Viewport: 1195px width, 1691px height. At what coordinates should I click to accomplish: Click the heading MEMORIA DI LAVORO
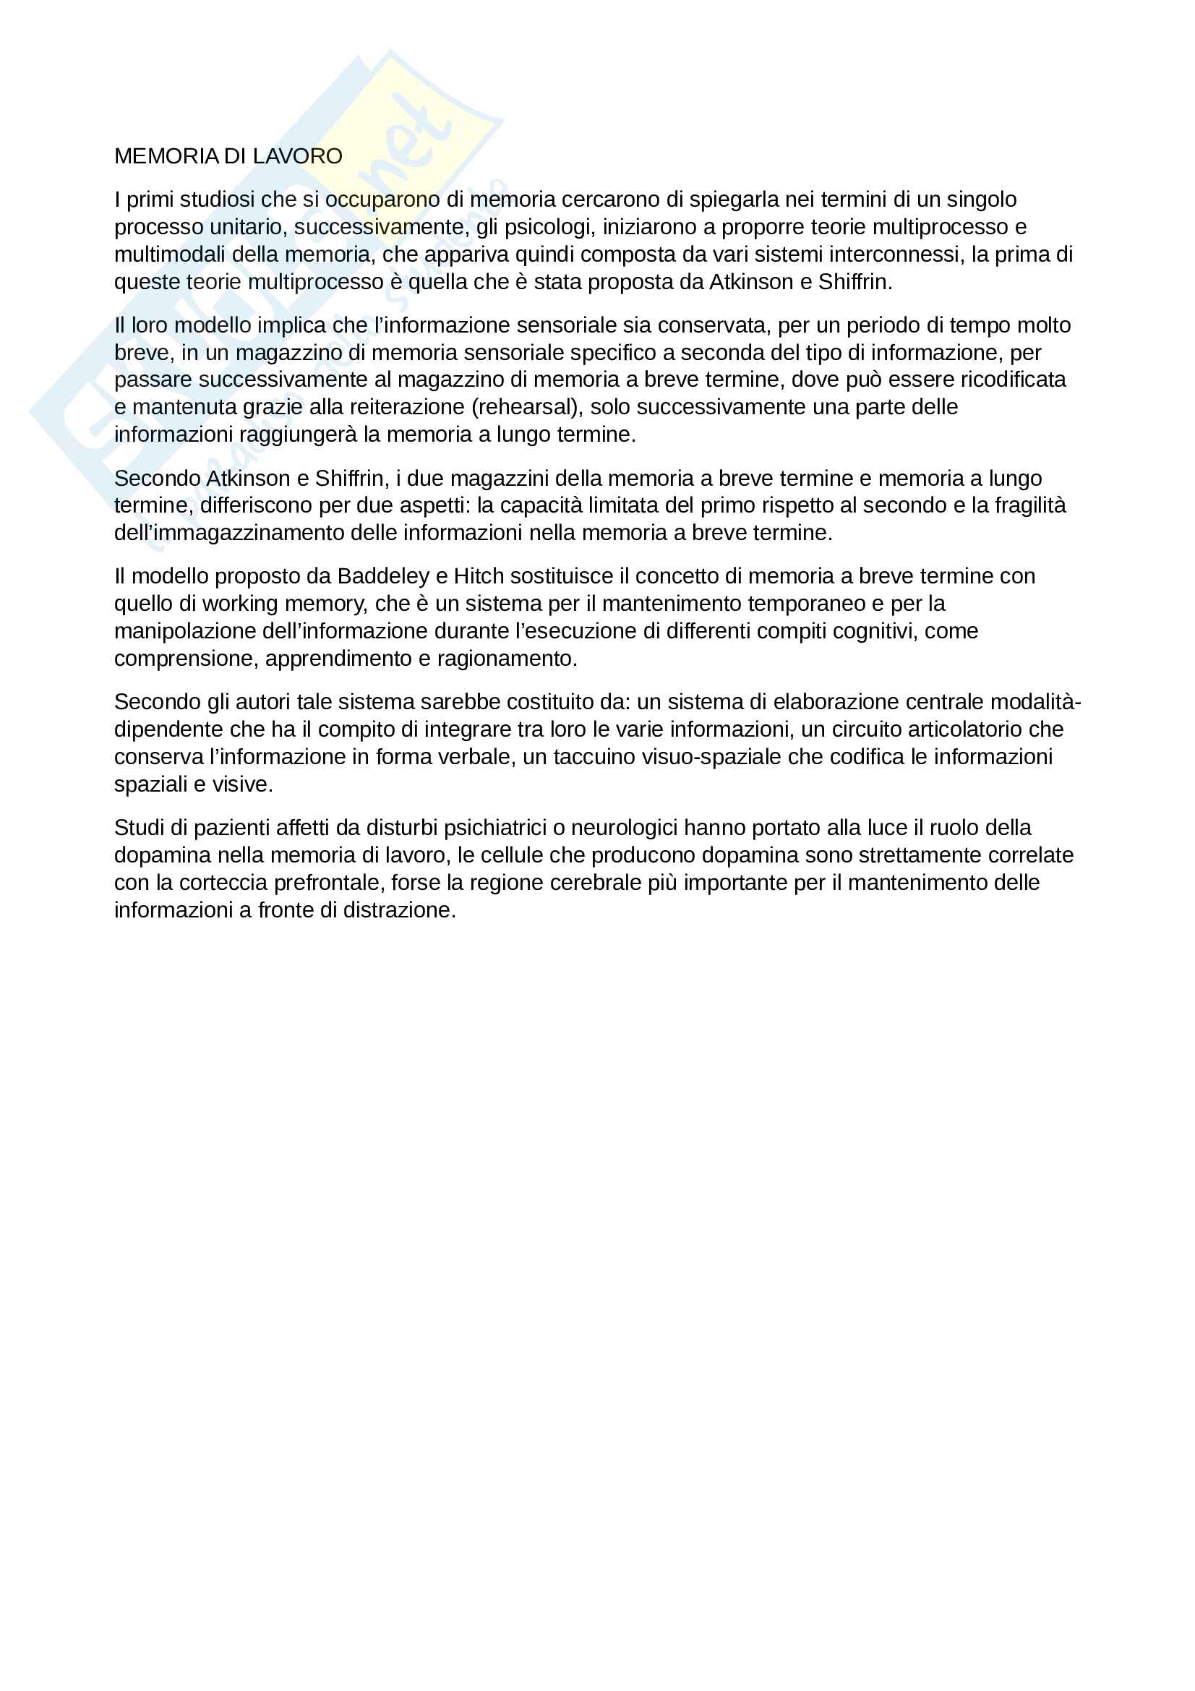[x=228, y=156]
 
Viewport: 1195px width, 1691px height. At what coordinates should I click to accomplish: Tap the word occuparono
[x=382, y=200]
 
